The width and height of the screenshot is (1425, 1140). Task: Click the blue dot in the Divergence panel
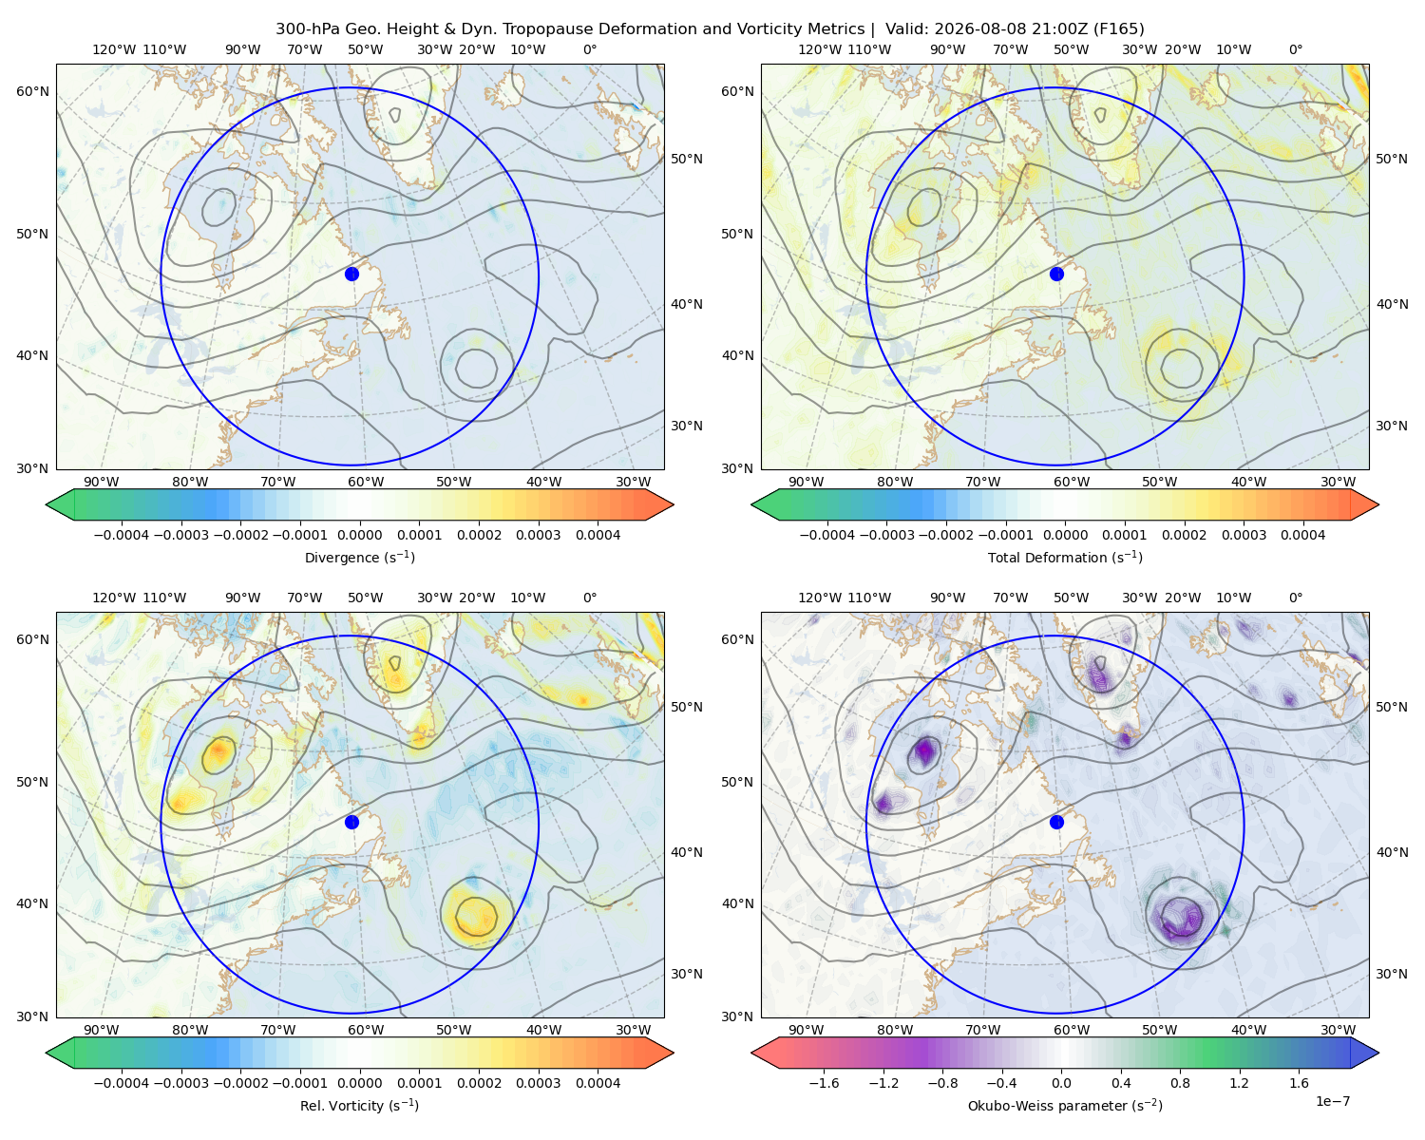coord(351,274)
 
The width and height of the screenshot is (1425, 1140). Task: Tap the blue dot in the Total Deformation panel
coord(1056,274)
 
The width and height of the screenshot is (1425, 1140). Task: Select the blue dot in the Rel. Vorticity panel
coord(351,822)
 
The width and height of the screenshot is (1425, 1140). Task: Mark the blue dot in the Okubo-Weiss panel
coord(1056,822)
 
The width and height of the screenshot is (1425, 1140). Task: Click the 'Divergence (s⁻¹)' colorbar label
coord(359,557)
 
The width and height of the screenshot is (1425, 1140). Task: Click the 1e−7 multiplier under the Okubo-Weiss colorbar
coord(1332,1101)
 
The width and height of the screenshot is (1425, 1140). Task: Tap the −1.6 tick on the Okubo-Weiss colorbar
coord(824,1083)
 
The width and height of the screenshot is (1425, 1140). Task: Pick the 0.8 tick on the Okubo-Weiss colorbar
coord(1180,1083)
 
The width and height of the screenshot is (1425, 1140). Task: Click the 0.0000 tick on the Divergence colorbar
coord(359,535)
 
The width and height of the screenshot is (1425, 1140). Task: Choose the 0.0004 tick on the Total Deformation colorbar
coord(1302,535)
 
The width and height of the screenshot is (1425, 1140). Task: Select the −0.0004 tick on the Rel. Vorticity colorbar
coord(122,1083)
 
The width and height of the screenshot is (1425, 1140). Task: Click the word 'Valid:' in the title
coord(907,29)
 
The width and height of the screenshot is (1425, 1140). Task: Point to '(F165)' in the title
coord(1118,29)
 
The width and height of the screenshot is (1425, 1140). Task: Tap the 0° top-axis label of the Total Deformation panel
coord(1295,49)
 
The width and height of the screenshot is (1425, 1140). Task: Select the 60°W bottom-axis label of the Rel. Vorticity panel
coord(366,1030)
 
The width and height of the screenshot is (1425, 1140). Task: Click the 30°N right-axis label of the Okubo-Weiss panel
coord(1392,974)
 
